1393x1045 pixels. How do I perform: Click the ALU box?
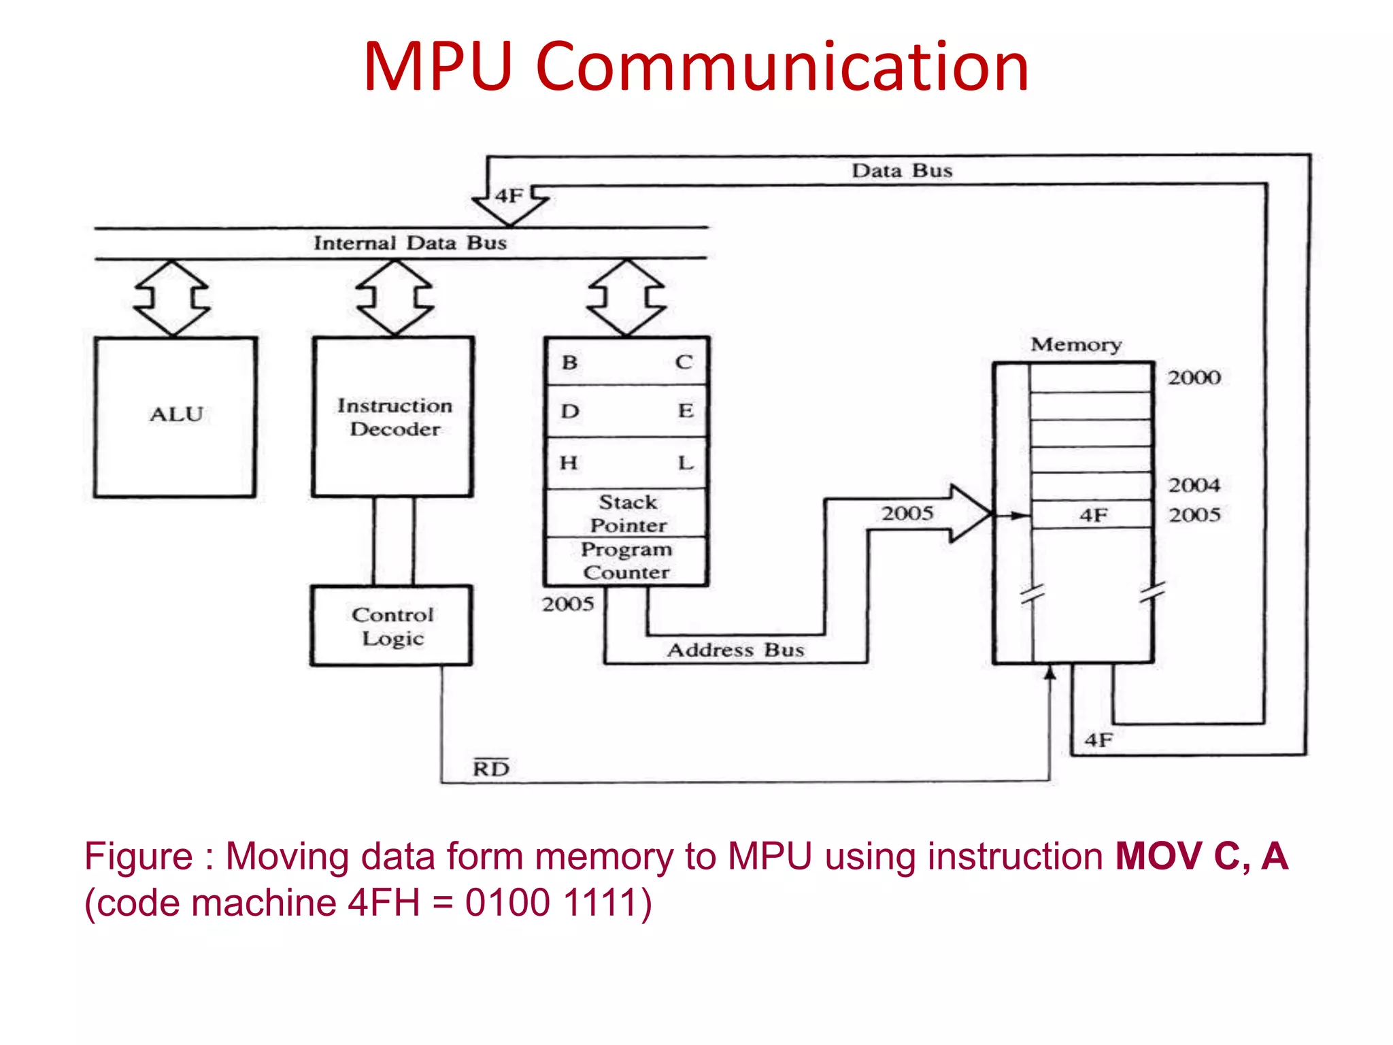pos(175,416)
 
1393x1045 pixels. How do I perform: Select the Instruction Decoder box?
pos(393,416)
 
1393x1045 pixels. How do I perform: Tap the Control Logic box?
pos(392,626)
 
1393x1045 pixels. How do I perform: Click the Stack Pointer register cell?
pos(627,513)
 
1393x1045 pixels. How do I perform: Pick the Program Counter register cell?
pos(626,561)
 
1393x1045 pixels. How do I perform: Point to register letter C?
pos(684,362)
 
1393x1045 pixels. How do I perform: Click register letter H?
pos(569,463)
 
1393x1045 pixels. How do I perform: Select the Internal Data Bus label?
pos(409,243)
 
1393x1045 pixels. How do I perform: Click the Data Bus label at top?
pos(902,170)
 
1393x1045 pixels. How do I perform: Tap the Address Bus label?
pos(735,650)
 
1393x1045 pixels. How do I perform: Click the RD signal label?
pos(491,768)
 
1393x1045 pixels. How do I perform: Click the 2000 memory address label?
pos(1194,378)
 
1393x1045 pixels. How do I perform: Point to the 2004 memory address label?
pos(1194,485)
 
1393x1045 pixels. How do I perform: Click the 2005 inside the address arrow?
pos(907,513)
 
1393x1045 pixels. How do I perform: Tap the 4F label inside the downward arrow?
pos(509,196)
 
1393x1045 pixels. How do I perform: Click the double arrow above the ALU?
pos(172,298)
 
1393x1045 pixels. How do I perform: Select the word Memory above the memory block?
pos(1076,344)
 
